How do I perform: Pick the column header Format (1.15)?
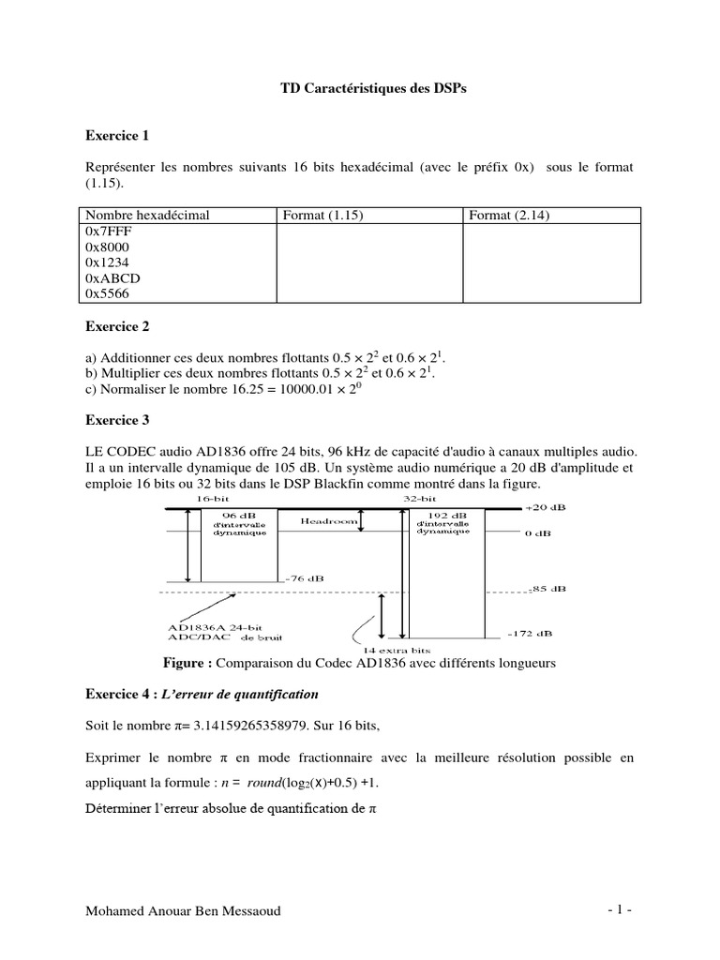pos(322,216)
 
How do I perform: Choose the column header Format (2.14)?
pos(509,216)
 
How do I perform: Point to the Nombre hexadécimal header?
pos(147,216)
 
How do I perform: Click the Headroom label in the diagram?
pos(327,518)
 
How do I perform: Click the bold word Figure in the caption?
pos(187,664)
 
